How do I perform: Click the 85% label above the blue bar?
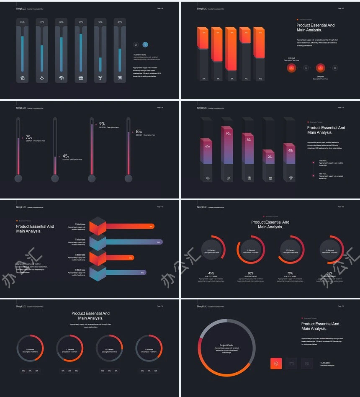(x=22, y=22)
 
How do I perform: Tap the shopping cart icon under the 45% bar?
(x=120, y=78)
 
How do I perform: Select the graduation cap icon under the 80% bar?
(x=61, y=78)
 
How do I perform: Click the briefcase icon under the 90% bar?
(x=81, y=78)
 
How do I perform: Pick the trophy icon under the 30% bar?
(x=100, y=78)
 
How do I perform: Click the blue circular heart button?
(x=145, y=44)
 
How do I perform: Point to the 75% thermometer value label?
(x=29, y=137)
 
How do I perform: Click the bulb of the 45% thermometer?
(x=55, y=179)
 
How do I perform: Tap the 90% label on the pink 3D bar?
(x=229, y=134)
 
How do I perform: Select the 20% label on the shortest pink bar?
(x=270, y=157)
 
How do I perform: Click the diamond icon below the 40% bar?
(x=291, y=178)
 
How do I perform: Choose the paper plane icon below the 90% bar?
(x=229, y=178)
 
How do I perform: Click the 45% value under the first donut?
(x=211, y=273)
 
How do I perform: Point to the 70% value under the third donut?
(x=290, y=273)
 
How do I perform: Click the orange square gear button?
(x=276, y=363)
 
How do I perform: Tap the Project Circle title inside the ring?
(x=226, y=345)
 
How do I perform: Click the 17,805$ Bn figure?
(x=325, y=363)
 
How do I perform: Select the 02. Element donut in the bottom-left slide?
(x=69, y=348)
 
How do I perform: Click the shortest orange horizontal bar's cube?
(x=98, y=258)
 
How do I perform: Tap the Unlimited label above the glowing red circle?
(x=291, y=58)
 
